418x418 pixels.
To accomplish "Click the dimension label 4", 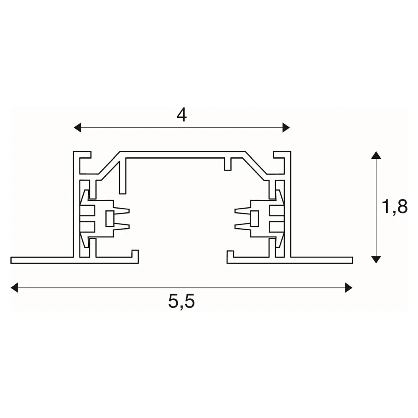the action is click(182, 115).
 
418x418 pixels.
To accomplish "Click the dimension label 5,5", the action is click(181, 301).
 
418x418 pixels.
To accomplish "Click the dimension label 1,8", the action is click(395, 206).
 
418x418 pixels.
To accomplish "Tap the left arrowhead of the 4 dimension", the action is click(77, 127).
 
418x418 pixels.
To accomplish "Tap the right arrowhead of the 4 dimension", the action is click(286, 127).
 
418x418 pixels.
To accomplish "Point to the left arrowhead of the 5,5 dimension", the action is click(14, 288).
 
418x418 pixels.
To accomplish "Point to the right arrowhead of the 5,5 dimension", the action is click(349, 288).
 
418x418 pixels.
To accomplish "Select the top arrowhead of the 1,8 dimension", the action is click(376, 155).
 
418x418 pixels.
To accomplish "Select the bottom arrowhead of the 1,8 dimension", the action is click(376, 260).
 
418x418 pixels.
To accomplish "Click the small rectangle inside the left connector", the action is click(110, 219).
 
